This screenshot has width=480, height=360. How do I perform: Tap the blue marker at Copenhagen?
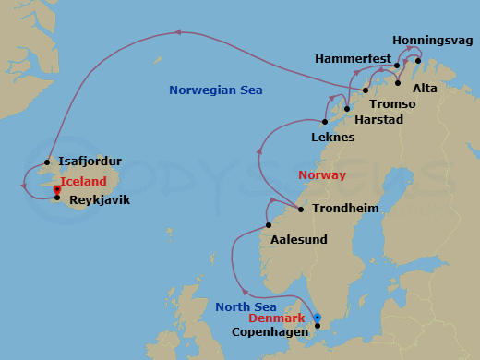317,318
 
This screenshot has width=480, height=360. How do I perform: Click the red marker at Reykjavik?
57,190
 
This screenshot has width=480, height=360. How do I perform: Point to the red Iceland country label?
83,182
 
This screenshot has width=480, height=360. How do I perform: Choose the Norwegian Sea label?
216,90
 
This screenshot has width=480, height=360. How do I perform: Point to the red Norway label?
321,174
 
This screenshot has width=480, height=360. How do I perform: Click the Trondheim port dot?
301,209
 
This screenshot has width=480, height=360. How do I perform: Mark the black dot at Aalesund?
269,224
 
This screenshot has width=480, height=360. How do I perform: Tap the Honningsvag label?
431,41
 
